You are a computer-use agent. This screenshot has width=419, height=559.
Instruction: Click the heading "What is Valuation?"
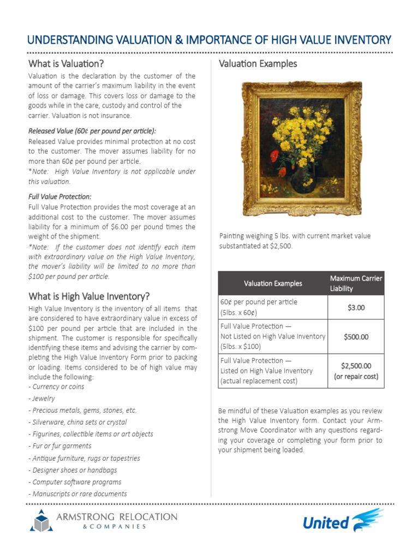[65, 64]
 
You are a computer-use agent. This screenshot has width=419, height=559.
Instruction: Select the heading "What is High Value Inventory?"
[88, 296]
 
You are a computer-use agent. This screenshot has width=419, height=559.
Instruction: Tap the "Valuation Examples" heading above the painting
[258, 64]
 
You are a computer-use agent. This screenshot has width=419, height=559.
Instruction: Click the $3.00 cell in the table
[356, 308]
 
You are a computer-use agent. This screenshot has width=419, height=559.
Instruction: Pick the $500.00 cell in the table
[356, 337]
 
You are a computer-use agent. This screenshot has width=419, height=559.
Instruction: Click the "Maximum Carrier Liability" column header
[356, 283]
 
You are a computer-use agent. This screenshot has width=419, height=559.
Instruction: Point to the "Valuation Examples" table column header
[272, 283]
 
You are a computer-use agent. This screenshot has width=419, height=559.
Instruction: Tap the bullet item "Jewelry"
[44, 399]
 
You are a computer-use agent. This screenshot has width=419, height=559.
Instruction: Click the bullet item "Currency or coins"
[57, 386]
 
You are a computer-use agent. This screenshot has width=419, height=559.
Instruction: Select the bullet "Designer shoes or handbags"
[75, 470]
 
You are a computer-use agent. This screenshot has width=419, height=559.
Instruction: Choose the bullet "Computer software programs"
[75, 482]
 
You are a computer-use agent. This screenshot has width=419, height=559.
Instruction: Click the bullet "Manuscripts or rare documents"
[78, 494]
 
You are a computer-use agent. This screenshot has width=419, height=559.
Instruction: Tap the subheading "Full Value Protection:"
[59, 196]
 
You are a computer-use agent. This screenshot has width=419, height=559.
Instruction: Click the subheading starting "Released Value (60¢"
[92, 130]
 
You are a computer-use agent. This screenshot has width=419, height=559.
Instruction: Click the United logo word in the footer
[326, 523]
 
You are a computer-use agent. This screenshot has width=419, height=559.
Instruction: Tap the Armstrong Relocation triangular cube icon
[41, 521]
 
